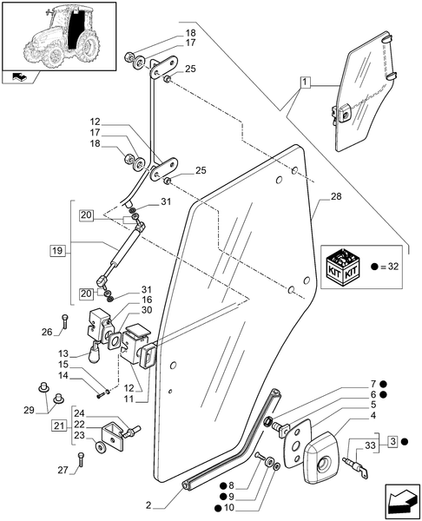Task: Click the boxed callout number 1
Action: tap(305, 82)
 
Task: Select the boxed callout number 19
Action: tap(57, 250)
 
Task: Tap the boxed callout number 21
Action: tap(59, 425)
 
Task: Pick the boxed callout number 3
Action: tap(393, 442)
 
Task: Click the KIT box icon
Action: tap(342, 267)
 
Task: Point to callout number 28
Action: tap(336, 197)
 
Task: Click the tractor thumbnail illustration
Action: tap(59, 36)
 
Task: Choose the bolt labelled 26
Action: tap(64, 321)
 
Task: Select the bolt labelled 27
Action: tap(81, 459)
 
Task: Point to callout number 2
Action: tap(148, 506)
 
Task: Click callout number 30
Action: tap(147, 310)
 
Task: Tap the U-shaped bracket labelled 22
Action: tap(113, 436)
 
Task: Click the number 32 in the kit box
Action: tap(392, 267)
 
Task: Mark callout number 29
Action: tap(30, 411)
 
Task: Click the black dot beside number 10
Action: tap(218, 507)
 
